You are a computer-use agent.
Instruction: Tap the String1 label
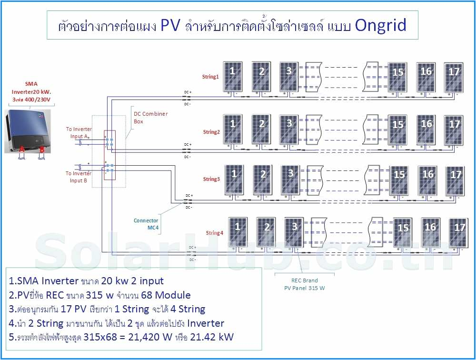[x=210, y=76]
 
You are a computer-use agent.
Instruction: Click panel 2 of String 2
[x=261, y=129]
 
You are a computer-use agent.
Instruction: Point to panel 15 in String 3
[x=399, y=180]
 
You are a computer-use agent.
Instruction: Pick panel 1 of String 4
[x=238, y=232]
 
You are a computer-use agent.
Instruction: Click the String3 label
[x=211, y=179]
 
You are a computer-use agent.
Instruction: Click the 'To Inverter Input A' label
[x=79, y=133]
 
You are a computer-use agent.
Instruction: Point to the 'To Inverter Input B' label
[x=79, y=177]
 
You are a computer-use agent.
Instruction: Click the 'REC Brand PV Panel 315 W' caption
[x=305, y=284]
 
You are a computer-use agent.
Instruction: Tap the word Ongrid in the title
[x=380, y=25]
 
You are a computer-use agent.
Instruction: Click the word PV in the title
[x=170, y=25]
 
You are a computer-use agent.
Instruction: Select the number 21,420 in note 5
[x=141, y=338]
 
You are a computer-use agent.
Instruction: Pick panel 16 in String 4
[x=430, y=232]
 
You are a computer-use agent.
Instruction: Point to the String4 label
[x=214, y=233]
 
